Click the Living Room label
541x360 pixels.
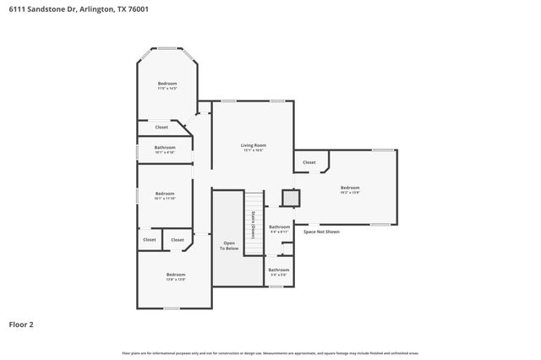tap(254, 147)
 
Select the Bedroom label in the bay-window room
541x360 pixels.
tap(167, 85)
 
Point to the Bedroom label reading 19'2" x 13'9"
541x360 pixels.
tap(350, 190)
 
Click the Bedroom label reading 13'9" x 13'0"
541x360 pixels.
tap(176, 276)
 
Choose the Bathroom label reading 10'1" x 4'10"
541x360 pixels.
tap(165, 150)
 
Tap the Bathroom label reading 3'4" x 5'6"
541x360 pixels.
tap(279, 272)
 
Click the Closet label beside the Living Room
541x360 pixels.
tap(309, 162)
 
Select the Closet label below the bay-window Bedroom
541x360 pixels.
tap(161, 127)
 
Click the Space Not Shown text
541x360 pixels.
tap(321, 231)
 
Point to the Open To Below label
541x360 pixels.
tap(228, 245)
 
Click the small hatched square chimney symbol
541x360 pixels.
tap(290, 198)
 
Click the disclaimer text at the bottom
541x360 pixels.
tap(270, 352)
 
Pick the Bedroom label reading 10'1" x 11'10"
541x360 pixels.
tap(165, 196)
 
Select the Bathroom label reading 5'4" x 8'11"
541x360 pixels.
tap(279, 228)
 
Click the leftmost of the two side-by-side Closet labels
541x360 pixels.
tap(150, 240)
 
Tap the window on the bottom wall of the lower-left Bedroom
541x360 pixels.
tap(172, 308)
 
